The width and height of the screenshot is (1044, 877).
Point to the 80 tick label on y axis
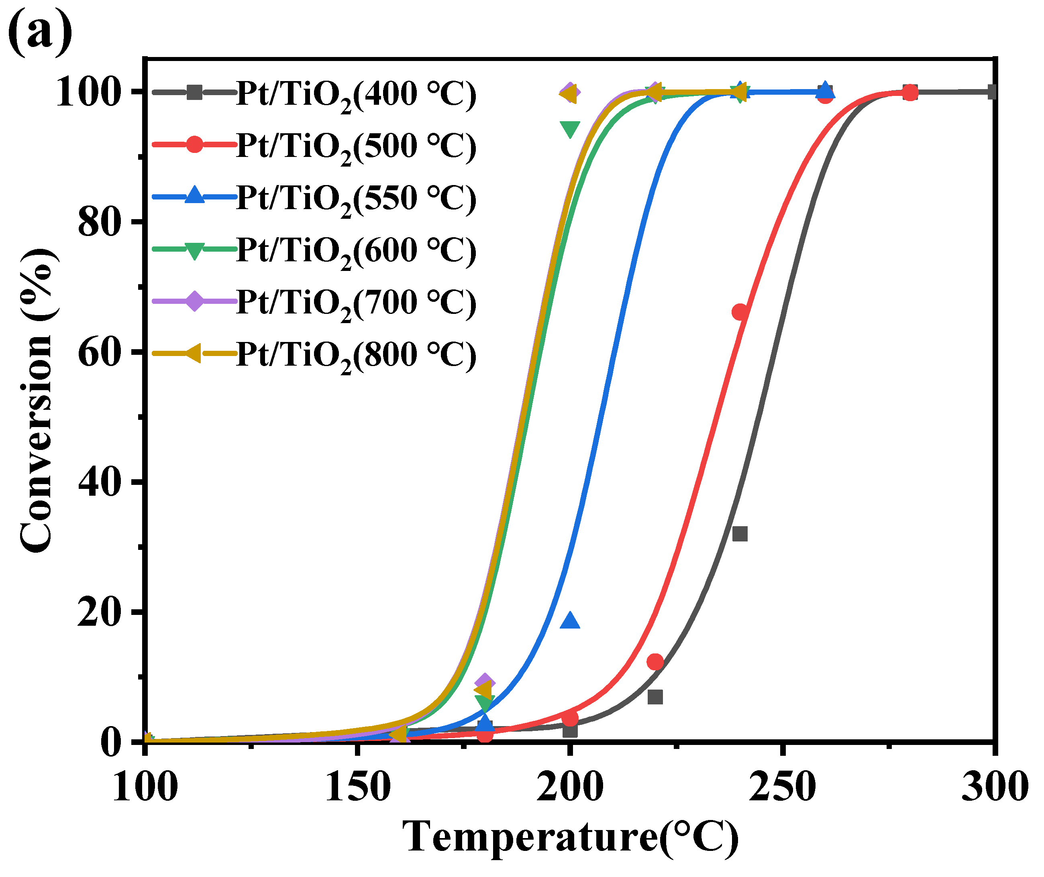[100, 222]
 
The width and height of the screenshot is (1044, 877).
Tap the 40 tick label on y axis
[100, 482]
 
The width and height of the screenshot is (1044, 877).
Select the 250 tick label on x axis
[782, 787]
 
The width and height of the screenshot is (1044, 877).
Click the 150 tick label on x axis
[357, 787]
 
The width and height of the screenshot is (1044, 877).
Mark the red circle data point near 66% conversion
[740, 312]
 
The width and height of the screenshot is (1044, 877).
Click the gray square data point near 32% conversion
[740, 533]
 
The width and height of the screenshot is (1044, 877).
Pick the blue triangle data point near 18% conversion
[569, 621]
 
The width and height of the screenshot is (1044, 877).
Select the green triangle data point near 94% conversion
[569, 129]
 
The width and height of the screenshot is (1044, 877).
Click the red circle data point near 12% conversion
[655, 662]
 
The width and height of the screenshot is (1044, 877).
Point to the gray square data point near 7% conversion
[655, 697]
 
